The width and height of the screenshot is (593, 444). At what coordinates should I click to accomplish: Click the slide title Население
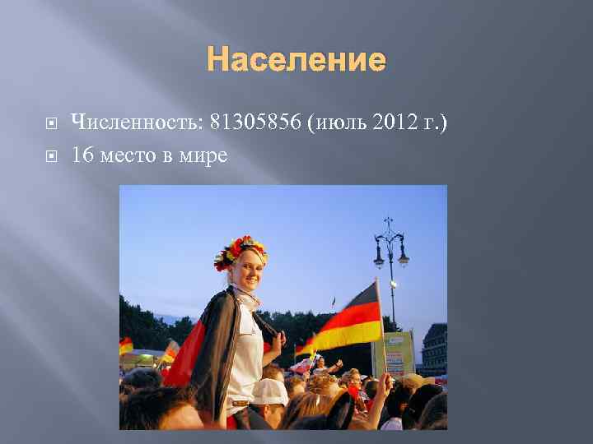(x=296, y=59)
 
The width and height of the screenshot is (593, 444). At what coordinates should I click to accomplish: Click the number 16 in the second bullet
(x=82, y=155)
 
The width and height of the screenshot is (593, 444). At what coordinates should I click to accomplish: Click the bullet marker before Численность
(x=51, y=124)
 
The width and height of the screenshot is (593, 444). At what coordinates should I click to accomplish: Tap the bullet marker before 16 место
(x=51, y=155)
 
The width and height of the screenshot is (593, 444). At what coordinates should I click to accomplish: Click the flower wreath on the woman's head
(x=240, y=250)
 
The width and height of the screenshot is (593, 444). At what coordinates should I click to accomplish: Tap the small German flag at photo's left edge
(x=126, y=345)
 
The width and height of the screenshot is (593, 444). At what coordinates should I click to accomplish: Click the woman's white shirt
(x=245, y=345)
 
